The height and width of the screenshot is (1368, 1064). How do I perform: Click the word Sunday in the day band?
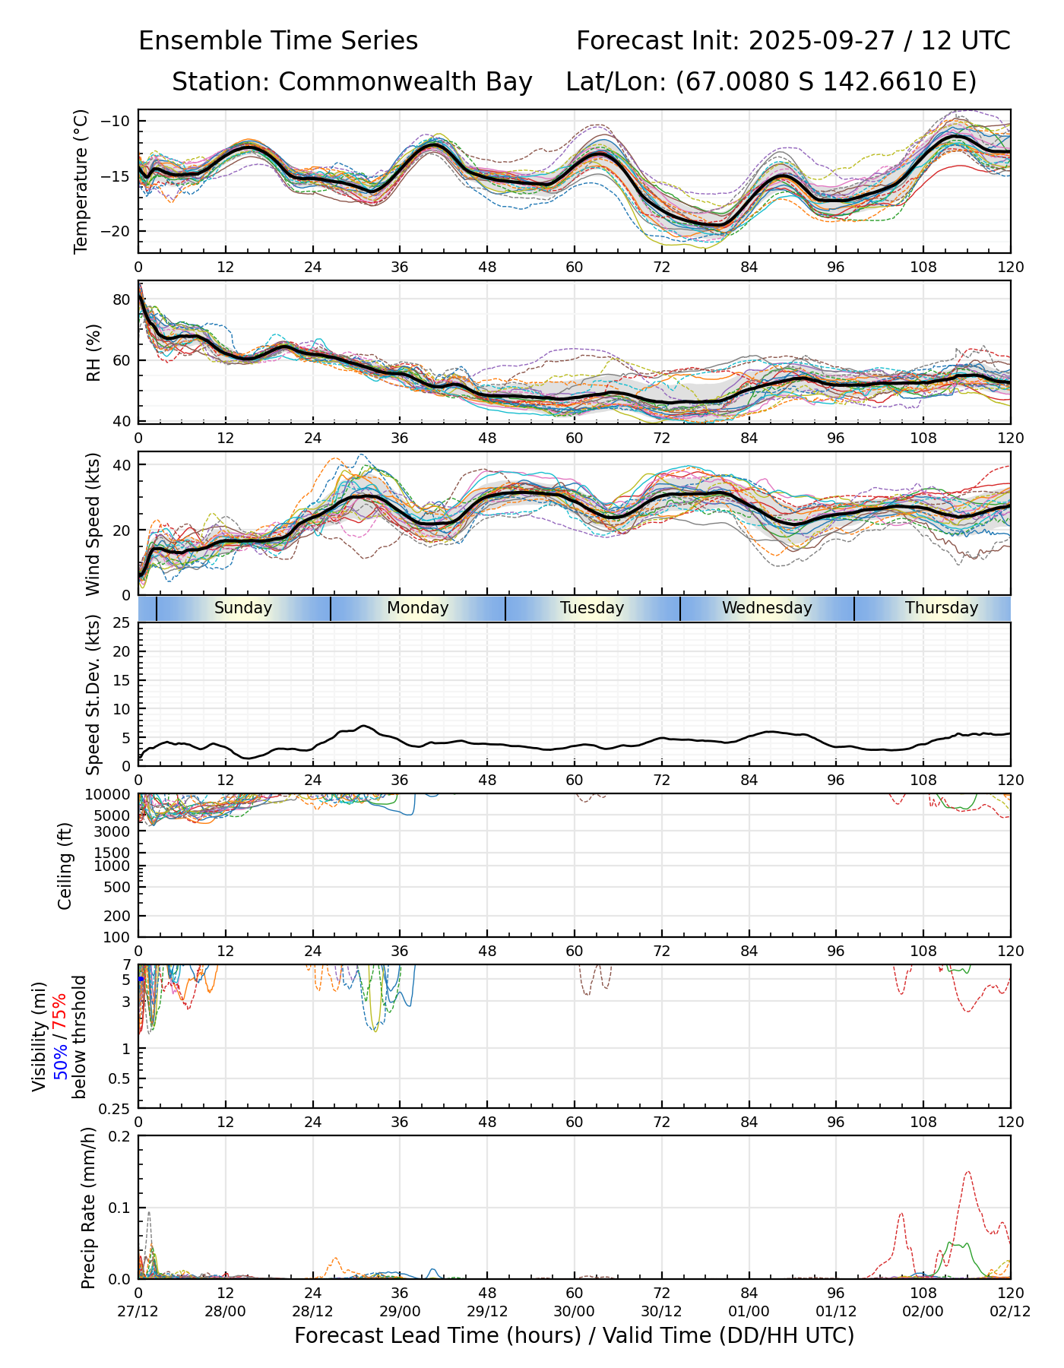coord(242,608)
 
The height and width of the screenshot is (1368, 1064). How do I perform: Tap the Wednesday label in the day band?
coord(767,608)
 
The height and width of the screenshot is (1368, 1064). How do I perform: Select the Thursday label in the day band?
coord(941,608)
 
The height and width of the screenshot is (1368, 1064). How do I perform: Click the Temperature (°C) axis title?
coord(81,181)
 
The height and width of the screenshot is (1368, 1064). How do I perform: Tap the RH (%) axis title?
coord(93,352)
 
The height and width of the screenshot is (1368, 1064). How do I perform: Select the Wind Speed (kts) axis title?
coord(93,524)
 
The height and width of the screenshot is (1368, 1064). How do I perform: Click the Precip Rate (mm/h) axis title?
coord(89,1207)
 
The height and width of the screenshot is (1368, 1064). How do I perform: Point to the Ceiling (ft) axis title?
coord(65,866)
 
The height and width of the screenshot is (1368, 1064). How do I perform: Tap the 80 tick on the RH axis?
coord(122,299)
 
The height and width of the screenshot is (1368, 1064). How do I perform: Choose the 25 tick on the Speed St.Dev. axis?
coord(122,623)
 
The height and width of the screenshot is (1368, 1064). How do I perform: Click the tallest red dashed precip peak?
coord(967,1172)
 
